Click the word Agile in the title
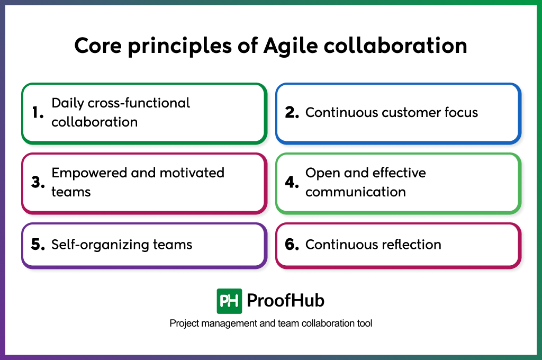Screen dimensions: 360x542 (290, 46)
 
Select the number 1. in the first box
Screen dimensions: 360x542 (38, 112)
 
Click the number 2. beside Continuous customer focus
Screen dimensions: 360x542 (292, 112)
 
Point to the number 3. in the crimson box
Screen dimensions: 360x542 (38, 182)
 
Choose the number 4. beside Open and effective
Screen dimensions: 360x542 (292, 182)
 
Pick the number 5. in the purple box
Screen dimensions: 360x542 (38, 245)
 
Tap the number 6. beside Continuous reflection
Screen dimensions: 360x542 (292, 245)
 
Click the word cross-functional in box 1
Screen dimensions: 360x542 (139, 103)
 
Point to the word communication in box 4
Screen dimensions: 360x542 (355, 192)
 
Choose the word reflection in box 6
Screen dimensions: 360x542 (410, 245)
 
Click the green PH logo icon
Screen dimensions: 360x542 (229, 301)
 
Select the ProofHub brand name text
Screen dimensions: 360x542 (285, 301)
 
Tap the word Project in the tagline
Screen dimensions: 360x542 (183, 323)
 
